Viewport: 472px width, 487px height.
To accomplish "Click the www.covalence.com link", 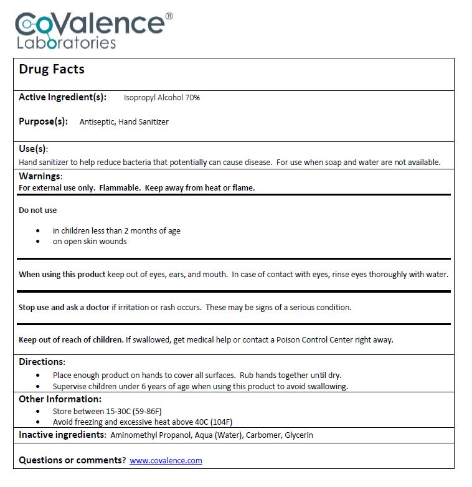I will (166, 460).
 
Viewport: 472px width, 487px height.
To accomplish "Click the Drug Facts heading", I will (52, 69).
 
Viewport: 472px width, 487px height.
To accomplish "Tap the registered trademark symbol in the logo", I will (169, 16).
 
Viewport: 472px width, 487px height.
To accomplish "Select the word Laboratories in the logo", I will (66, 43).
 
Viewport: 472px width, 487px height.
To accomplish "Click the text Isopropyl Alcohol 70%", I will (162, 98).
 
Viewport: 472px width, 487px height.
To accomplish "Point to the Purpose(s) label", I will (43, 121).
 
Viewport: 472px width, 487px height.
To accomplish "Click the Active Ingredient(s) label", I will (63, 97).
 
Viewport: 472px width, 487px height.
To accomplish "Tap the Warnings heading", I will (40, 176).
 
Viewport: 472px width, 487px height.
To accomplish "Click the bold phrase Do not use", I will (38, 210).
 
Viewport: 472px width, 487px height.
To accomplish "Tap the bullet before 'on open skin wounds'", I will (39, 242).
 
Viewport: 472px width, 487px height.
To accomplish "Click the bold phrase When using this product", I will (62, 274).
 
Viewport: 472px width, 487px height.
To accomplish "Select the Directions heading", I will (41, 362).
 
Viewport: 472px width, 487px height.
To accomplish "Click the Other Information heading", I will (60, 399).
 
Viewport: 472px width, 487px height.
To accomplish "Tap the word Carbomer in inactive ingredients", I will (261, 435).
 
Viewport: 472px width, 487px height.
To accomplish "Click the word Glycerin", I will (299, 435).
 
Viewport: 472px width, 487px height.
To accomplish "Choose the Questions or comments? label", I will (72, 460).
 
